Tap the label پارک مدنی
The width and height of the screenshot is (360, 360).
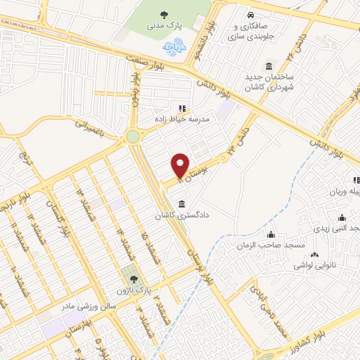coord(164,26)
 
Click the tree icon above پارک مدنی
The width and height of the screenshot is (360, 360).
coord(165,14)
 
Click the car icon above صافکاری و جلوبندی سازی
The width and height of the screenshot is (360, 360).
coord(250,15)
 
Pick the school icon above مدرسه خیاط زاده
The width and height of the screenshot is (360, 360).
coord(182,108)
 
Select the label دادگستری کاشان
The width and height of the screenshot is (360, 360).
coord(185,216)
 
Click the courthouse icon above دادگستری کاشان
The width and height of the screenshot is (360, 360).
coord(182,205)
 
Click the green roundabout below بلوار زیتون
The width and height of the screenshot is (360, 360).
coord(132,137)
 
